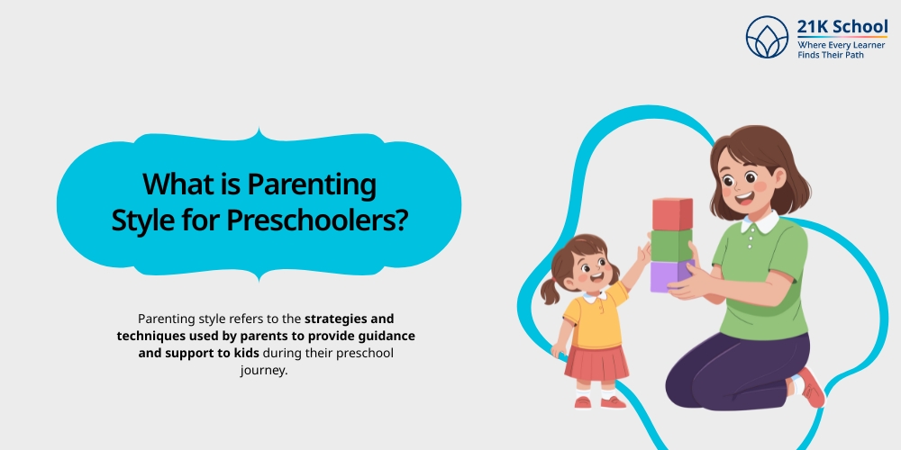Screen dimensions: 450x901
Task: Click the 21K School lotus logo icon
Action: pyautogui.click(x=767, y=38)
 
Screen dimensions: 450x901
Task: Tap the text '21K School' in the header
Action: pyautogui.click(x=842, y=27)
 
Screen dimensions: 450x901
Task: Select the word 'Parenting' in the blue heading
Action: pyautogui.click(x=311, y=185)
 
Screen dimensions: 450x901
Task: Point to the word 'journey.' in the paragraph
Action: pyautogui.click(x=264, y=370)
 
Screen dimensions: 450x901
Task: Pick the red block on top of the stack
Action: pyautogui.click(x=672, y=214)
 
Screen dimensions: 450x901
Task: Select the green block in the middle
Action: pyautogui.click(x=671, y=246)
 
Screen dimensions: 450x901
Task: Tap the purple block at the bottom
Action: pyautogui.click(x=669, y=275)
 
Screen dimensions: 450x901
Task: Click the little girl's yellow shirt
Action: pyautogui.click(x=596, y=319)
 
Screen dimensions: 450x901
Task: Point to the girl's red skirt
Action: pyautogui.click(x=596, y=361)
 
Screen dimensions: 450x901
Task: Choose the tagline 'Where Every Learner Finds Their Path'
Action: pyautogui.click(x=842, y=49)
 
